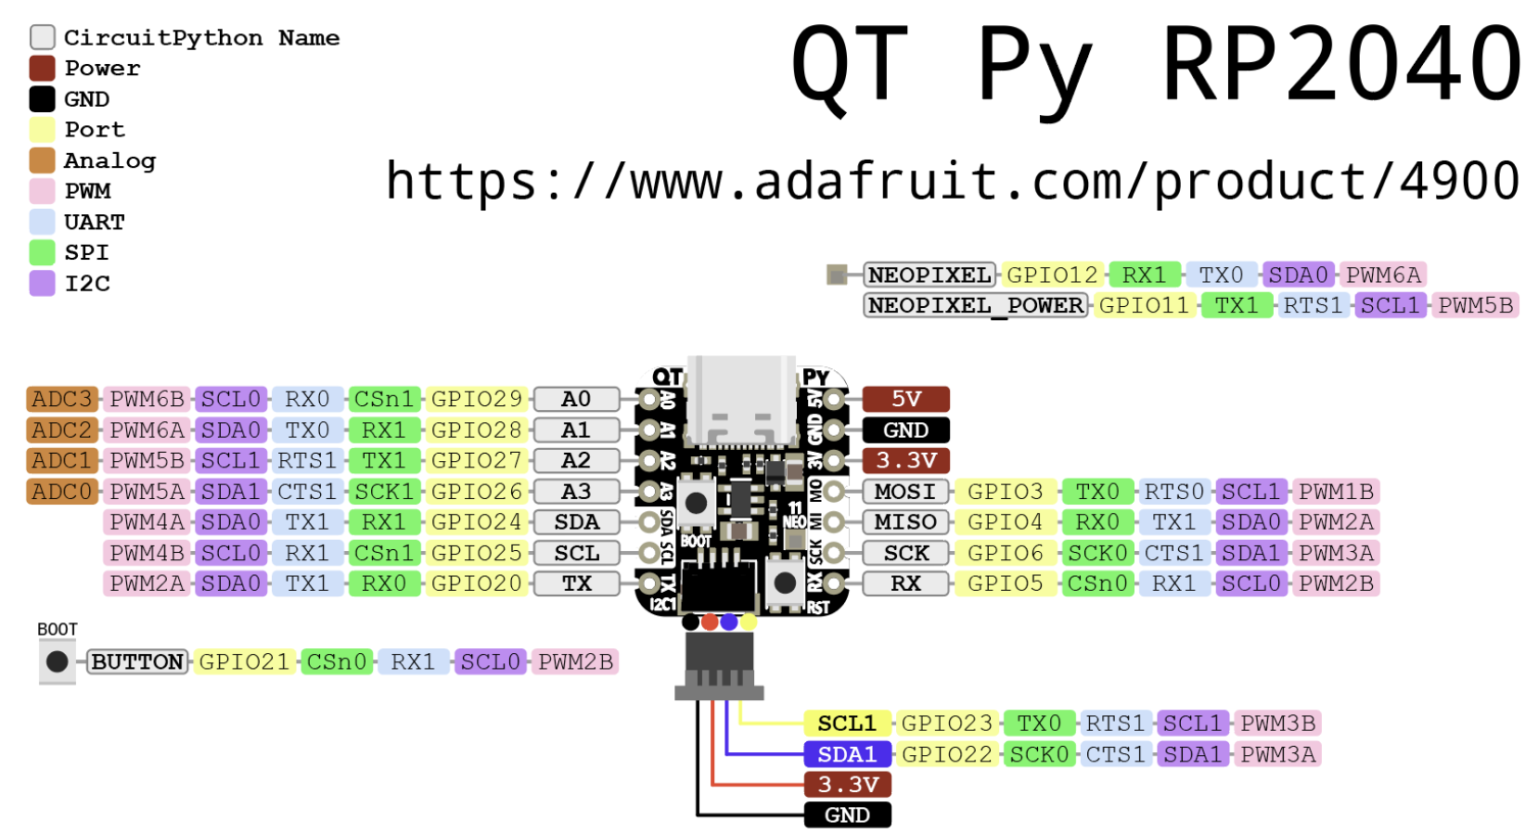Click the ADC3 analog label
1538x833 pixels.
pyautogui.click(x=62, y=399)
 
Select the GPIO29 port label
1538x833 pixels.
pyautogui.click(x=477, y=399)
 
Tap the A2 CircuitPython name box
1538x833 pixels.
pyautogui.click(x=576, y=460)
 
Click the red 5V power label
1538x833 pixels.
pyautogui.click(x=905, y=399)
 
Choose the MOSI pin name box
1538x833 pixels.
pyautogui.click(x=905, y=491)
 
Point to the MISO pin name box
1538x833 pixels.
pyautogui.click(x=905, y=521)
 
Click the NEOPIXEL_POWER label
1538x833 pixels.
pyautogui.click(x=975, y=305)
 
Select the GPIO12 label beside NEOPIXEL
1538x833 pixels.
pyautogui.click(x=1052, y=275)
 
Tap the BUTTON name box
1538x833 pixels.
pyautogui.click(x=137, y=661)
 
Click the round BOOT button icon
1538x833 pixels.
pyautogui.click(x=57, y=661)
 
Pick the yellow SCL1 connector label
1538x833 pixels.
pyautogui.click(x=847, y=723)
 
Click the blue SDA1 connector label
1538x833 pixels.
pyautogui.click(x=847, y=753)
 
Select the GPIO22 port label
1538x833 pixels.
pyautogui.click(x=947, y=753)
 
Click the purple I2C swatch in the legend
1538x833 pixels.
pyautogui.click(x=42, y=283)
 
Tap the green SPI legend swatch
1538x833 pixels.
pyautogui.click(x=42, y=252)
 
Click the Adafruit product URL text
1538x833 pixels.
pyautogui.click(x=952, y=180)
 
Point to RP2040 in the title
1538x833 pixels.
pyautogui.click(x=1341, y=65)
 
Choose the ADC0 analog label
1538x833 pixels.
pyautogui.click(x=62, y=491)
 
